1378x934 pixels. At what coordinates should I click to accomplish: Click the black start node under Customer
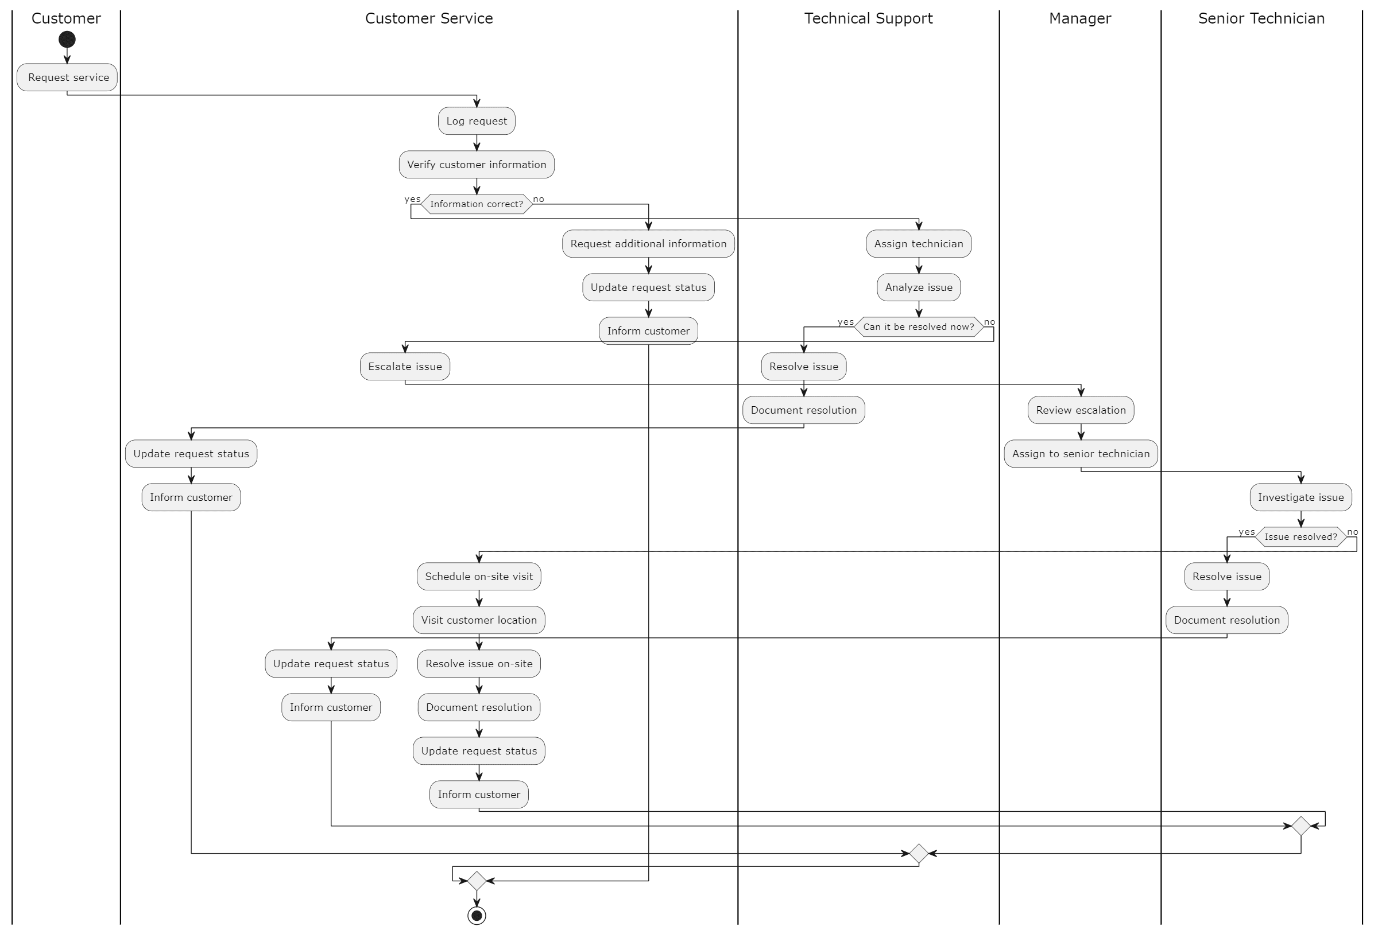67,40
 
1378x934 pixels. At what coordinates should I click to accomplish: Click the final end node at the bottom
477,916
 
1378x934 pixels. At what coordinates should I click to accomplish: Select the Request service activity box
67,77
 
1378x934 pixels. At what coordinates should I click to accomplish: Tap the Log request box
477,121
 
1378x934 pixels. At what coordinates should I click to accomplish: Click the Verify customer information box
477,165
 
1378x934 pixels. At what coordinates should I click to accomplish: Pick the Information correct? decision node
477,204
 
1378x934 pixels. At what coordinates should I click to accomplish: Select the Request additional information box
648,244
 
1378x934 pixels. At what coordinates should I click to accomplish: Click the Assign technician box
919,244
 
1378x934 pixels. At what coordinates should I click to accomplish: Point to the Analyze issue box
919,287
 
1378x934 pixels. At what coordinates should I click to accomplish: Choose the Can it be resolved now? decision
919,326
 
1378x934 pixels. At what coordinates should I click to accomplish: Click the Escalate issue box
405,367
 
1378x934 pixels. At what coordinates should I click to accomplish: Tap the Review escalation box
1081,410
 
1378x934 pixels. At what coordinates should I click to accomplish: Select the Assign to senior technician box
1081,454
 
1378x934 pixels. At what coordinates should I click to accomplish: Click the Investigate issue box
1300,497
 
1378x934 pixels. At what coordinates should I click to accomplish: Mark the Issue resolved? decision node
1300,537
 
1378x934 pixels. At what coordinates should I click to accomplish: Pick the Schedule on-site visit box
479,577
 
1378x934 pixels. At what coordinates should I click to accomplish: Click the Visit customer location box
479,620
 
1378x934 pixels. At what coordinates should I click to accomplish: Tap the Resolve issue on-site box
479,664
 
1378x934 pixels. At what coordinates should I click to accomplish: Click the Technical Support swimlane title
868,18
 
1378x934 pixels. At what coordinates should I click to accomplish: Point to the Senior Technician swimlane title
1261,18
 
